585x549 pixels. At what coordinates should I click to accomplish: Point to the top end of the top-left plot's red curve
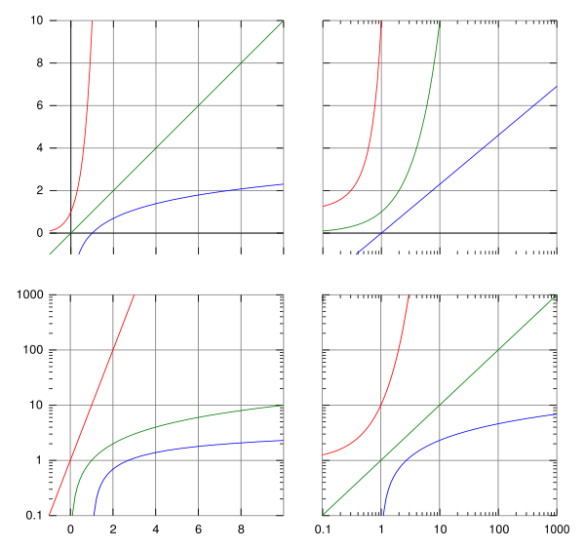tap(92, 20)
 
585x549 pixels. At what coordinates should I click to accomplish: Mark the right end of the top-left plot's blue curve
tap(283, 183)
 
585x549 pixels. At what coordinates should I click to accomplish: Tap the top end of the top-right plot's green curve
tap(440, 21)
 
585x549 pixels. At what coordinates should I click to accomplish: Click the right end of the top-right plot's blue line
tap(557, 87)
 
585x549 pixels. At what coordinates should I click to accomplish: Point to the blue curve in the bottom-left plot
tap(195, 448)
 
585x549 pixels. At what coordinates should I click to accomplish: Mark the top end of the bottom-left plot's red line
tap(134, 294)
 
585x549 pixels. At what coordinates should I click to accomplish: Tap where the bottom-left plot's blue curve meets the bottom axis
tap(94, 514)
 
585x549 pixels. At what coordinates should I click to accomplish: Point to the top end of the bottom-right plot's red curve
tap(409, 294)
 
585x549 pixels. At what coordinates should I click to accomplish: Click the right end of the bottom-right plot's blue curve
tap(556, 413)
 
